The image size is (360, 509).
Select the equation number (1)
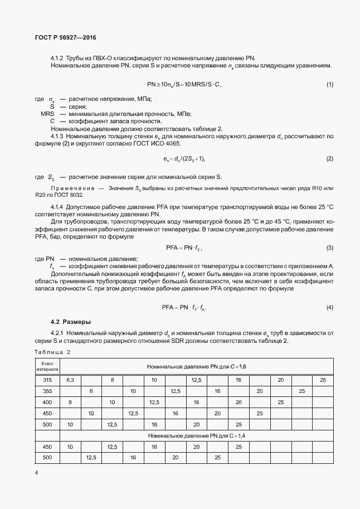[x=329, y=84]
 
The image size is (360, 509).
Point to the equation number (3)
[x=329, y=248]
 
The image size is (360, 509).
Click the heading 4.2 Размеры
[x=71, y=322]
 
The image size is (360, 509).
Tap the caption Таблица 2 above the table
[x=52, y=352]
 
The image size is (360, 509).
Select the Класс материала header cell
[x=47, y=366]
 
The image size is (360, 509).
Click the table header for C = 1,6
[x=196, y=366]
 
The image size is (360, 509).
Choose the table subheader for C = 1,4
[x=196, y=435]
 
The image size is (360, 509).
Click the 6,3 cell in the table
[x=70, y=380]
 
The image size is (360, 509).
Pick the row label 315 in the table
[x=47, y=380]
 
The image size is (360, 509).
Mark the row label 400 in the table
[x=47, y=402]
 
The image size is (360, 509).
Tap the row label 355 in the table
[x=47, y=391]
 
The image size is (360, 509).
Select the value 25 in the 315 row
[x=323, y=380]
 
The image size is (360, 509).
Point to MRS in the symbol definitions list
[x=47, y=114]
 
